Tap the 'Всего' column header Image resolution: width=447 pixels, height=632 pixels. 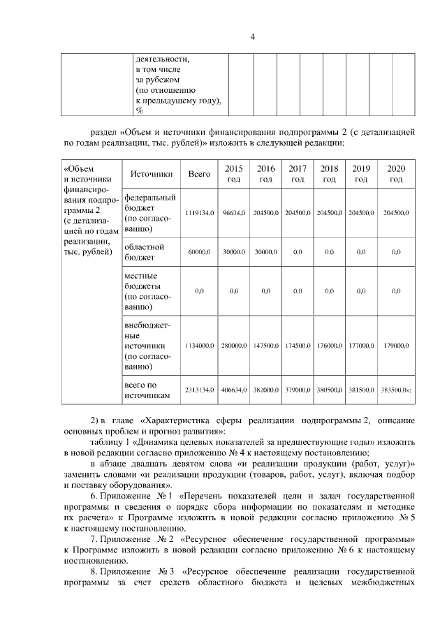200,174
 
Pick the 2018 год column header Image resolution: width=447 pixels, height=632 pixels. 329,174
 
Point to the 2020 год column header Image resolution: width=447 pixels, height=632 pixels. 396,174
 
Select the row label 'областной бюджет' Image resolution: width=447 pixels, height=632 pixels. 144,251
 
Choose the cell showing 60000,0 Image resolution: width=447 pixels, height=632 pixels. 200,251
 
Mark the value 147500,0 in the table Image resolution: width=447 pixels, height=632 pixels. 265,345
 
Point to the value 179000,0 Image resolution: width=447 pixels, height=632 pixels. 396,345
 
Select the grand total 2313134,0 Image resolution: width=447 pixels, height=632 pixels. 200,390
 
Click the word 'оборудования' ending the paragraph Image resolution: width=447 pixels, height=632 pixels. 145,485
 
